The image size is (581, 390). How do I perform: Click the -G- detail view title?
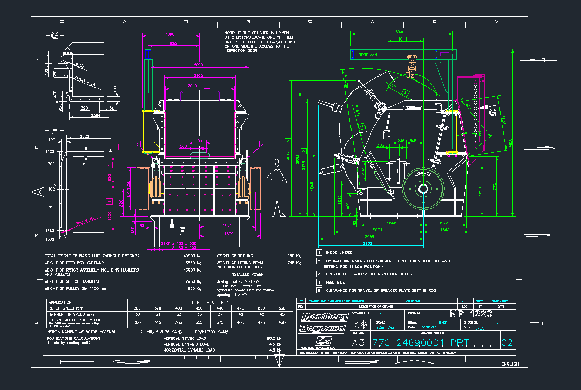[55, 36]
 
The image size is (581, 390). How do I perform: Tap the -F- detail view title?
[54, 130]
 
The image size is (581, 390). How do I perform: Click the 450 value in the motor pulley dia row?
[282, 322]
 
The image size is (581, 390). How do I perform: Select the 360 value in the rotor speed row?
[138, 308]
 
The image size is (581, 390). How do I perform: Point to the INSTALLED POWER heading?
[247, 274]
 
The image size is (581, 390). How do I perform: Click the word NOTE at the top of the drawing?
[230, 33]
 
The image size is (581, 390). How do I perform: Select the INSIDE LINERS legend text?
[339, 253]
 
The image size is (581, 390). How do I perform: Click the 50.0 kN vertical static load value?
[274, 338]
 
